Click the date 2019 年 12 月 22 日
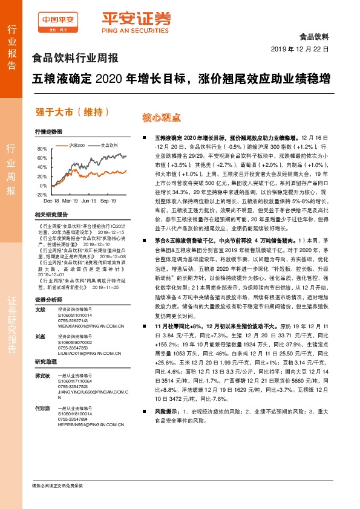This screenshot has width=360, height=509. coord(299,48)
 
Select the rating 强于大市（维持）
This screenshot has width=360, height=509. coord(72,111)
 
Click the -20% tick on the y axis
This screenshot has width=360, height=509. coord(41,195)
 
